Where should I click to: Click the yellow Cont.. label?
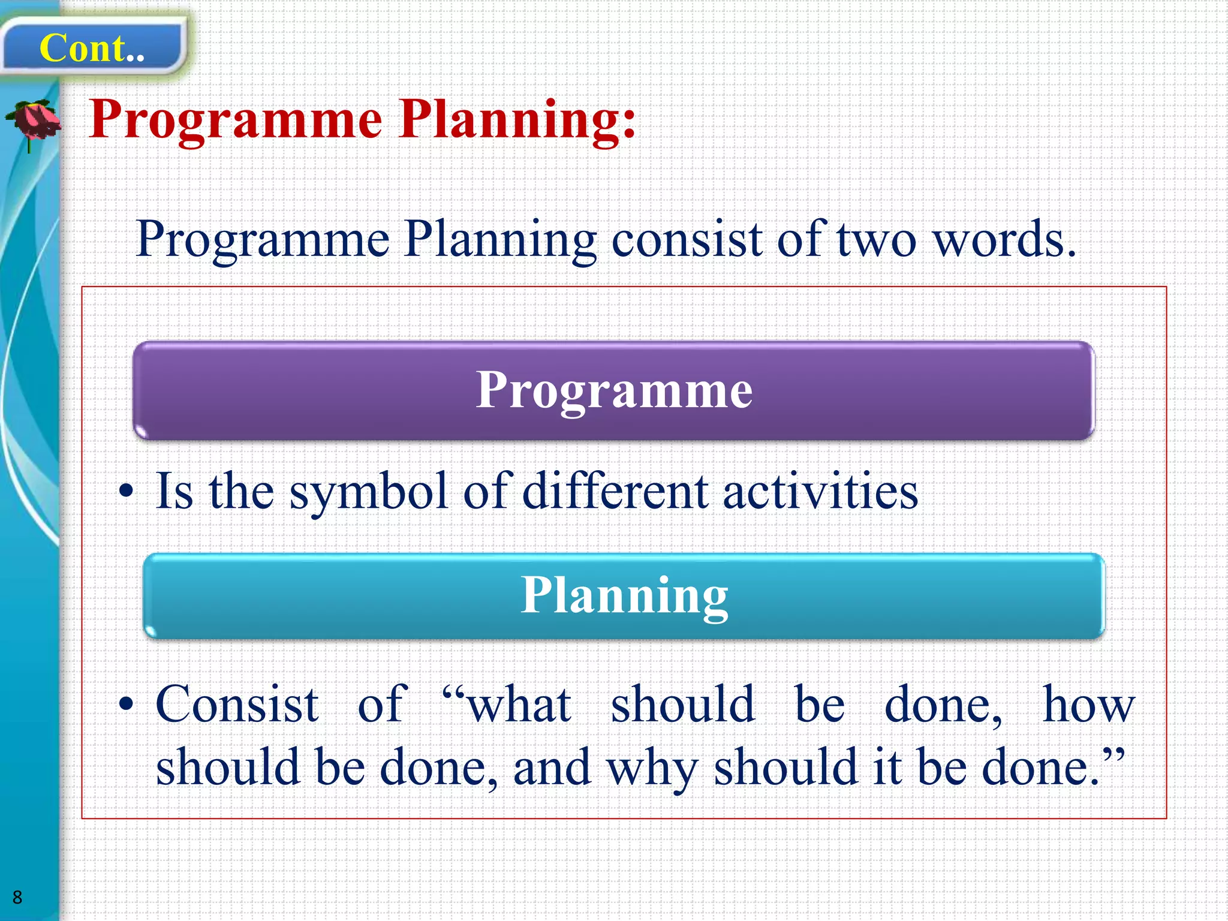point(92,48)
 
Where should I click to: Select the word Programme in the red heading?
point(236,120)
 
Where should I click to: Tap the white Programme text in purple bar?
point(614,390)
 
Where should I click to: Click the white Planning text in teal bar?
point(624,595)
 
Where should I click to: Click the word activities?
point(820,492)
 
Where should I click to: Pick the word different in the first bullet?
point(615,492)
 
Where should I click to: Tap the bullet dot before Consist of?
point(126,705)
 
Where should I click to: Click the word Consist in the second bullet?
point(237,705)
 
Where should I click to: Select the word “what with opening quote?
point(507,705)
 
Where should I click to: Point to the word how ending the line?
point(1088,705)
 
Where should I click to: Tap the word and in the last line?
point(552,767)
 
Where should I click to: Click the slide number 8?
point(17,897)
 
